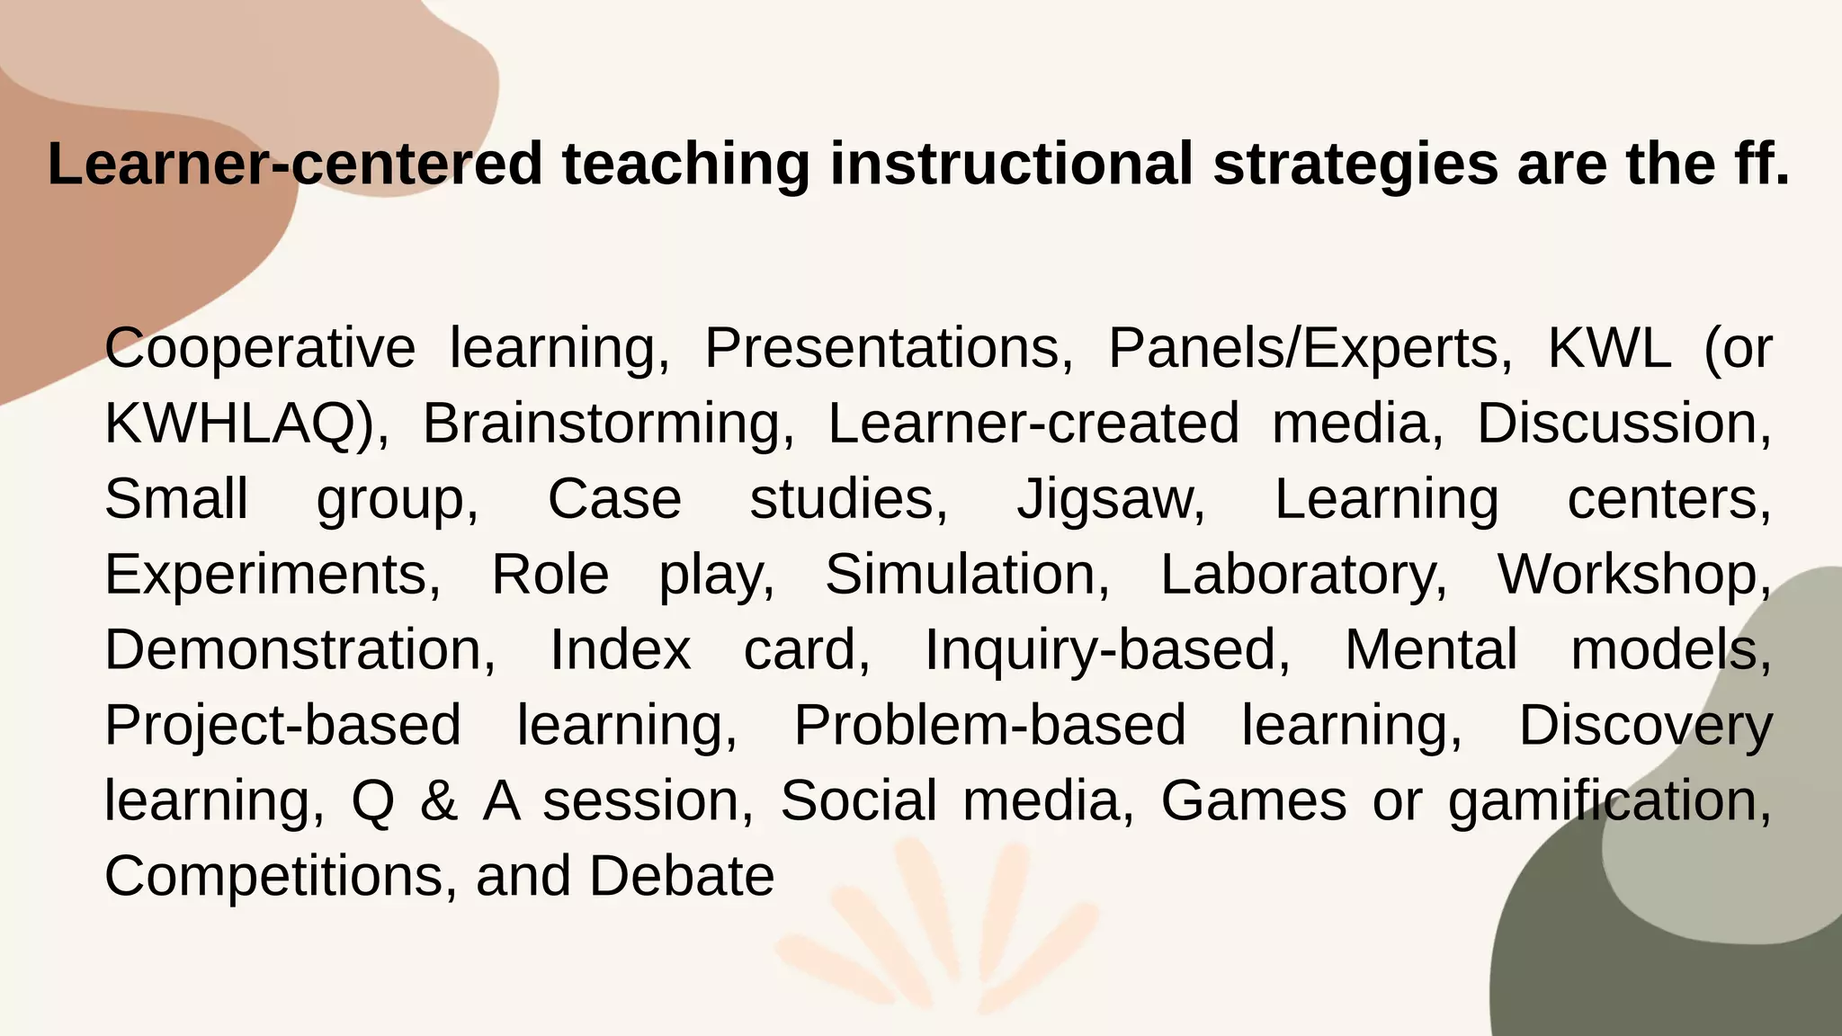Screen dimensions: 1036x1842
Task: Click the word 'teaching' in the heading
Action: pyautogui.click(x=685, y=165)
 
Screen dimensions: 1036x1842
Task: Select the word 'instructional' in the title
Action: pyautogui.click(x=1011, y=165)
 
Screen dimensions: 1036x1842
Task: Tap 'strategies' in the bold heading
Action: pyautogui.click(x=1355, y=165)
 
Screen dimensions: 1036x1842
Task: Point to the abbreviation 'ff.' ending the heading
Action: pyautogui.click(x=1752, y=165)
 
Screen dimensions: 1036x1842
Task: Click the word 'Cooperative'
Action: pyautogui.click(x=260, y=348)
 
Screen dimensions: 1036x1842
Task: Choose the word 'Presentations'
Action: pyautogui.click(x=888, y=348)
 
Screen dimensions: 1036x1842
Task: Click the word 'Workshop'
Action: pyautogui.click(x=1632, y=575)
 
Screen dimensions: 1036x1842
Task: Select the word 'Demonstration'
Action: pyautogui.click(x=300, y=650)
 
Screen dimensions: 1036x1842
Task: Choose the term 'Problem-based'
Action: pyautogui.click(x=989, y=726)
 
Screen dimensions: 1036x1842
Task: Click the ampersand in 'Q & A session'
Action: pyautogui.click(x=438, y=801)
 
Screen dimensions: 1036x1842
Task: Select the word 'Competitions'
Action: pyautogui.click(x=274, y=877)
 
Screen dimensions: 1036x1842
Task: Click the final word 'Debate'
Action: pyautogui.click(x=682, y=877)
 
